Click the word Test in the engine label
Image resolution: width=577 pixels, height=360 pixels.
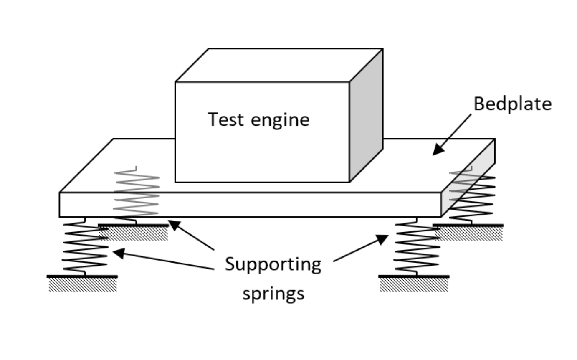[x=226, y=119]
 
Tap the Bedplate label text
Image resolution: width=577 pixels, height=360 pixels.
[x=512, y=104]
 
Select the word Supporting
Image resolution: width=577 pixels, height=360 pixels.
[x=273, y=265]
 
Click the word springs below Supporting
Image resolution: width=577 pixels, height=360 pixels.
[x=273, y=294]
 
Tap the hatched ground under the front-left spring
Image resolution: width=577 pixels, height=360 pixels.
[x=83, y=285]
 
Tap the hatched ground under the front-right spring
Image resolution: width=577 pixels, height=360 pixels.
[x=414, y=285]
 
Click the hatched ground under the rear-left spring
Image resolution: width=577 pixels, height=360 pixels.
[x=134, y=234]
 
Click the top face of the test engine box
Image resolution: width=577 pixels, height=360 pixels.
[x=279, y=65]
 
